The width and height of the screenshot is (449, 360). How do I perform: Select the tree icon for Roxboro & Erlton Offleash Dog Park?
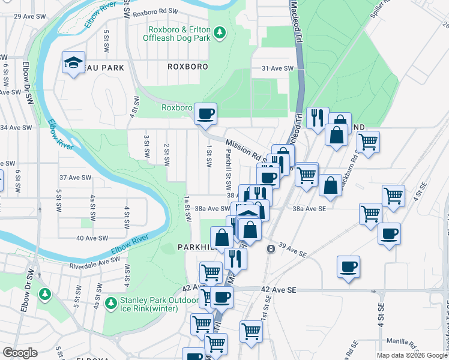220,31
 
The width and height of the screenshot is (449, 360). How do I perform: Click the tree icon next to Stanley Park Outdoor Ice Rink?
110,301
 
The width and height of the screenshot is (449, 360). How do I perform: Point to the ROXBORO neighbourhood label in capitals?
188,67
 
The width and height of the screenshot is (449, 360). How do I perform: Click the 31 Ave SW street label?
277,69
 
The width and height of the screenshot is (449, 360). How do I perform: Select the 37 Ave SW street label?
75,178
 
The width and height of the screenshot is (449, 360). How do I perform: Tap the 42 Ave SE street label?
279,289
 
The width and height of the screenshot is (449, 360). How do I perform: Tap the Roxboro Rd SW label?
155,11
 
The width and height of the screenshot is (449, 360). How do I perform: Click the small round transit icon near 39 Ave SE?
271,248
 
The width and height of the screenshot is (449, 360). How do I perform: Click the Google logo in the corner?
20,353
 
